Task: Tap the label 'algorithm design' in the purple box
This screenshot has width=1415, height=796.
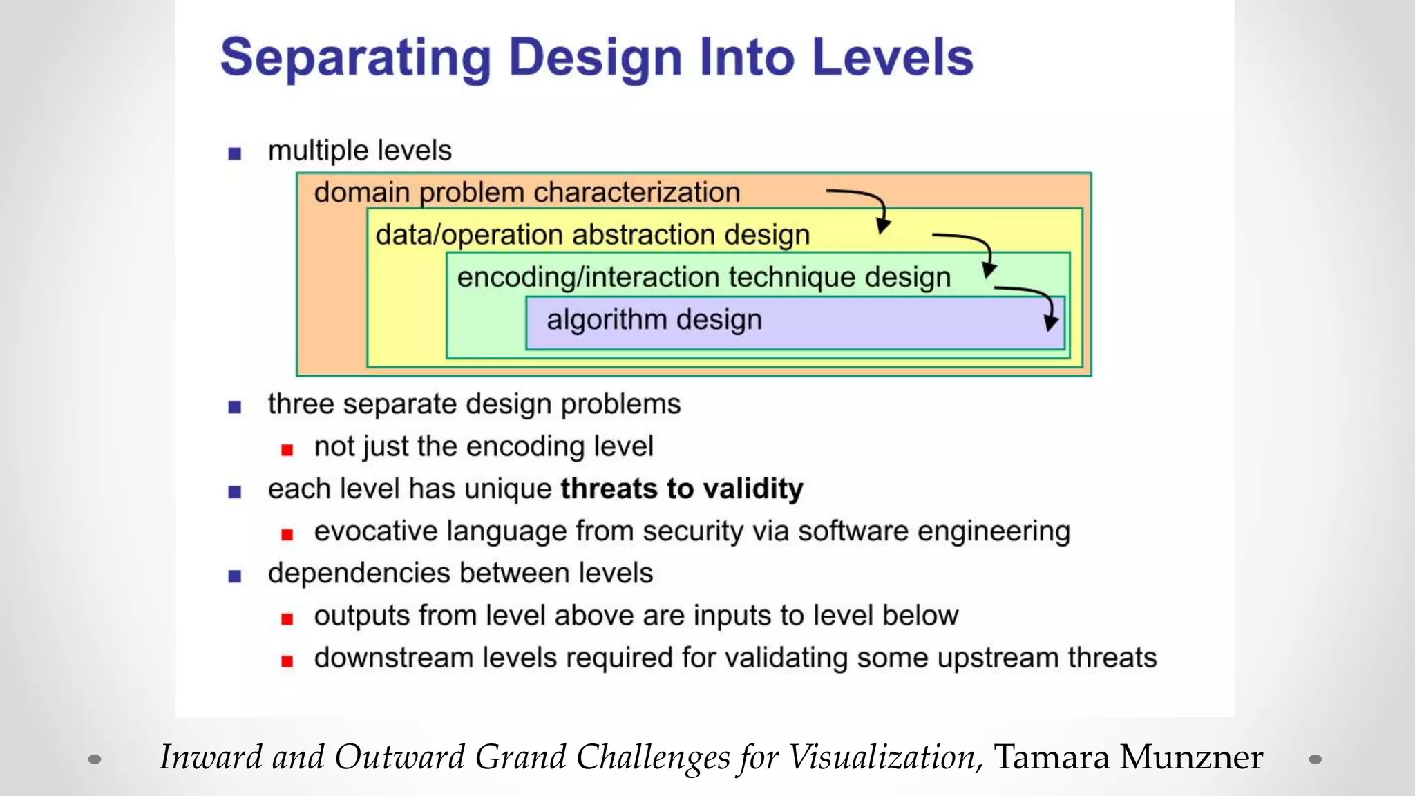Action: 654,321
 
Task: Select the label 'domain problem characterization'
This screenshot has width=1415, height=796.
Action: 526,193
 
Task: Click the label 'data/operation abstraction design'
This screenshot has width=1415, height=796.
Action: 592,236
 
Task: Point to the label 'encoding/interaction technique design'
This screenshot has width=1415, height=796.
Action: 703,278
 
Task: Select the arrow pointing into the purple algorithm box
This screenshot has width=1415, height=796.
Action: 1036,304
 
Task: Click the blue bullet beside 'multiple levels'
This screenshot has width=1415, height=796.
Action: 235,153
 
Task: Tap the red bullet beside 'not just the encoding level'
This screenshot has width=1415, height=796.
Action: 287,451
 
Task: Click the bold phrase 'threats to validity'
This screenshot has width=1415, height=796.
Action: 681,489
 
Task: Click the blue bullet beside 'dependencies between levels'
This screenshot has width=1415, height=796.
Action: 235,576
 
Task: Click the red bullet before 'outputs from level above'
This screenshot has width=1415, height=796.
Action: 287,619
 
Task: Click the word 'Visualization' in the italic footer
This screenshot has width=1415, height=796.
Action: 885,757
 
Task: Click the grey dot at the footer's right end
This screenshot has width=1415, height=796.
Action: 1316,759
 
